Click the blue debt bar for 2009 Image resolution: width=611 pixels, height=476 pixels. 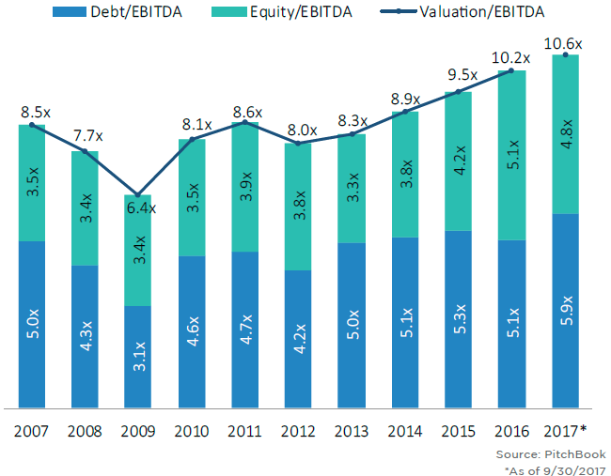138,357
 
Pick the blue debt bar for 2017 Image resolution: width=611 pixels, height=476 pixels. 565,311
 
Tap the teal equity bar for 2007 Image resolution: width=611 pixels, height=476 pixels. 31,183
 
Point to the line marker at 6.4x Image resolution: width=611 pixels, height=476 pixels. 138,194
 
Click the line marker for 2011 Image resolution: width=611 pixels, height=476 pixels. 245,122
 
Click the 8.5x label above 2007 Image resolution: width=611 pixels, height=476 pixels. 32,111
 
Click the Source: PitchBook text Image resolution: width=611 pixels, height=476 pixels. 556,454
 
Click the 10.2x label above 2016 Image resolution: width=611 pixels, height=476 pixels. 511,57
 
